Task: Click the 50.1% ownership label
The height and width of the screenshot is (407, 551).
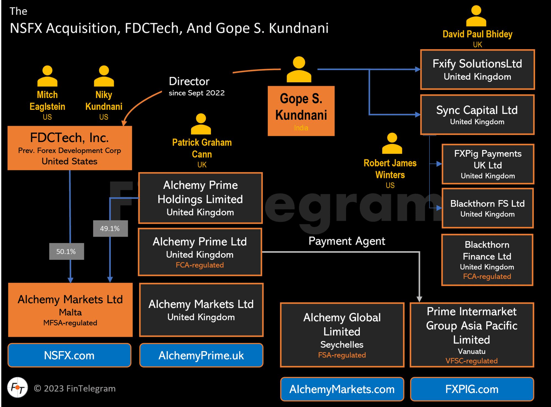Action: pos(66,251)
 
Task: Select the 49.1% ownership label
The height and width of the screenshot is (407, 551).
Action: pos(110,228)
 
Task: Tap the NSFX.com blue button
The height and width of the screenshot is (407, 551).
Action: pos(69,355)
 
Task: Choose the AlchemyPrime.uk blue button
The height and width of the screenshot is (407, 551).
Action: pos(201,355)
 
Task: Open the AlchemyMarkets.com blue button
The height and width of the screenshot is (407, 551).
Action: pos(342,389)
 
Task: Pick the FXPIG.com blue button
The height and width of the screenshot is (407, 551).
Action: pos(472,389)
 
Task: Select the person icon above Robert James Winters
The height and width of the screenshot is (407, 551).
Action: pos(392,143)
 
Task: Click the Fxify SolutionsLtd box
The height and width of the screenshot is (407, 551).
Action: pos(477,70)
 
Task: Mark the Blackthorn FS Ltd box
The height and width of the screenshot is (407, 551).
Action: pos(487,208)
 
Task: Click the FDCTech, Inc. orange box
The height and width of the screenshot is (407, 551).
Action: pos(70,148)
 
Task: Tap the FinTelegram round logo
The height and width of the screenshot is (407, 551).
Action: pos(18,387)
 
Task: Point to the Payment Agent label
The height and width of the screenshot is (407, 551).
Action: pos(347,241)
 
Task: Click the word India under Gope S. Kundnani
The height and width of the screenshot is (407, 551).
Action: pos(301,128)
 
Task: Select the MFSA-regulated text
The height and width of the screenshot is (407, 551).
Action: pos(70,323)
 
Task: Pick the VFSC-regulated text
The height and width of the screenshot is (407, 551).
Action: pos(471,361)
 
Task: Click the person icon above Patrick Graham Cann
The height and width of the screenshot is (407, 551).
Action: pos(201,124)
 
